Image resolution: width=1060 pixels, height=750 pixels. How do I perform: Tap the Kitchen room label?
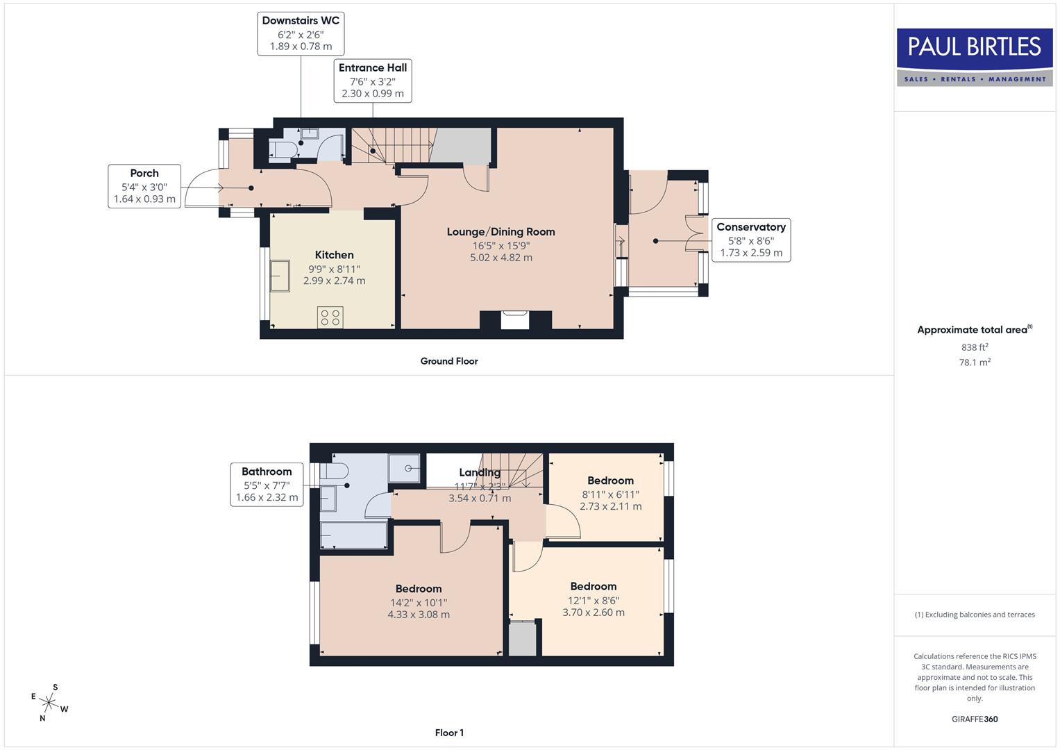click(x=334, y=255)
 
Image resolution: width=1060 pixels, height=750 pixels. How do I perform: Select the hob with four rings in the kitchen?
click(x=330, y=317)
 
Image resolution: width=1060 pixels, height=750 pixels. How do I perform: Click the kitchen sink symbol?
click(x=280, y=276)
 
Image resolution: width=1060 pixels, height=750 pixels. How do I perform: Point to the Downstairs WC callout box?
click(x=301, y=33)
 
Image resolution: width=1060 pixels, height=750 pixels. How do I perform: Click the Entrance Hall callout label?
click(x=373, y=80)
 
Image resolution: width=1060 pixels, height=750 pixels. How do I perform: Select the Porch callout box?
click(x=144, y=186)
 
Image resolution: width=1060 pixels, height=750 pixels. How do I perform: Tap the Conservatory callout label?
click(x=750, y=240)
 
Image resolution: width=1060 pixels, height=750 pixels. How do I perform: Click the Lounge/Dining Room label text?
click(x=500, y=232)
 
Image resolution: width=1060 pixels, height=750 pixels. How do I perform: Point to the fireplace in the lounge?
click(x=515, y=320)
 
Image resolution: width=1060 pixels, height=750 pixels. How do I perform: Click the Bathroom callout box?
click(x=267, y=484)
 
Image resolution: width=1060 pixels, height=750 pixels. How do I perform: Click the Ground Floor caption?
click(x=449, y=361)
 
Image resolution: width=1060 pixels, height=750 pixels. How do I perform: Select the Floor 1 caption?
click(x=449, y=733)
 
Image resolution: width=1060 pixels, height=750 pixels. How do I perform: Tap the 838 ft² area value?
click(x=975, y=347)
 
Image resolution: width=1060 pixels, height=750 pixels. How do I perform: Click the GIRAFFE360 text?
click(x=975, y=719)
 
